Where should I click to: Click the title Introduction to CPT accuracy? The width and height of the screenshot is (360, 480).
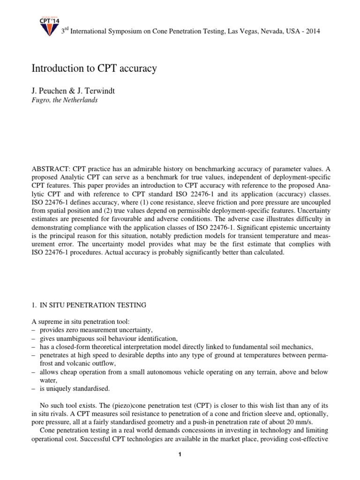[94, 68]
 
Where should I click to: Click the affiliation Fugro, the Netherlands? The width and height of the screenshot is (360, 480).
[64, 100]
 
